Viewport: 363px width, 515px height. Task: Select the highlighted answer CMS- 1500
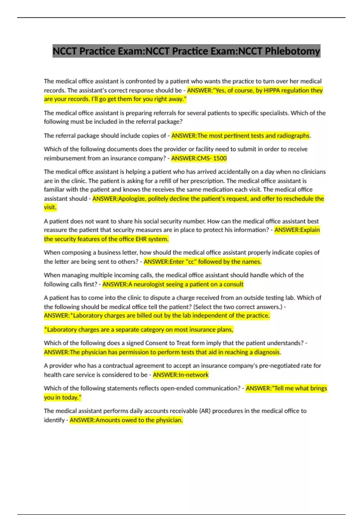199,158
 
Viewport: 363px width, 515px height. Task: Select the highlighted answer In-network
181,375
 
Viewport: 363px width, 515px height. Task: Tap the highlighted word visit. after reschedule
50,208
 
